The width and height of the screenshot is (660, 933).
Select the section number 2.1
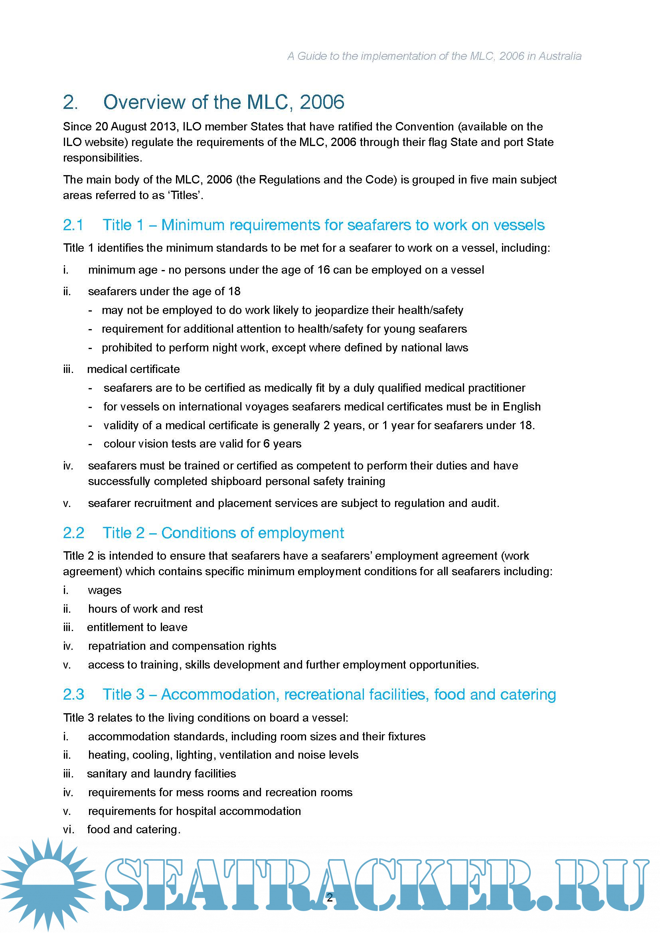point(73,225)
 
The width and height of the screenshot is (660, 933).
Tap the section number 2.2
point(73,533)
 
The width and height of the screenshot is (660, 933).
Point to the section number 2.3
point(73,694)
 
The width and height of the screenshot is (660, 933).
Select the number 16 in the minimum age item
point(324,270)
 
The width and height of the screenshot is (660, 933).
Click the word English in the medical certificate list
point(522,406)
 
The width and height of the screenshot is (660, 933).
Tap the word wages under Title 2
point(105,590)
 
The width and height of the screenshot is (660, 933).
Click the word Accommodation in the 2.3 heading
point(219,694)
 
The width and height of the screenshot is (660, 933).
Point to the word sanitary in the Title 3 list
point(107,773)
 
